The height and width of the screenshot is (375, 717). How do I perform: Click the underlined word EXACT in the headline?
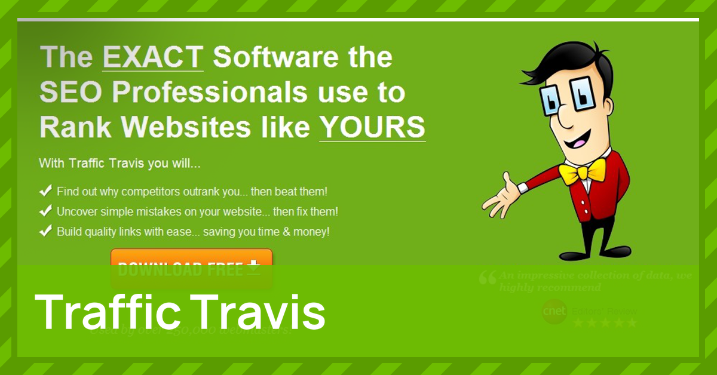(153, 57)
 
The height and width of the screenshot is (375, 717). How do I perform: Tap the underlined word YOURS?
(372, 127)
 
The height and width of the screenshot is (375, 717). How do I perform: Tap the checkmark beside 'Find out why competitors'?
(45, 192)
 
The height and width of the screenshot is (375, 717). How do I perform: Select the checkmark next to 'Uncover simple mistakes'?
(45, 211)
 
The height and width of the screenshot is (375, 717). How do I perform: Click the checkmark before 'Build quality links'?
(45, 230)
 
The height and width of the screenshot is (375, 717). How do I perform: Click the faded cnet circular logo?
(554, 311)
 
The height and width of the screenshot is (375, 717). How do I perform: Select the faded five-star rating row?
(605, 323)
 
